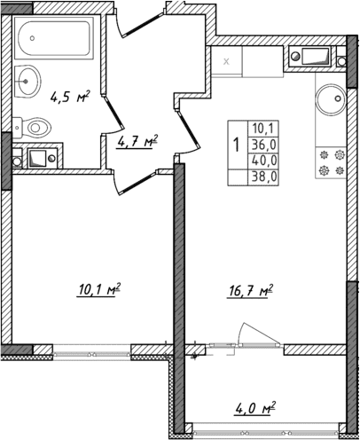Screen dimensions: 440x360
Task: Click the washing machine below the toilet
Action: click(39, 159)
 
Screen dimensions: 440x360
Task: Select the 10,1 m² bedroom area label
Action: click(98, 288)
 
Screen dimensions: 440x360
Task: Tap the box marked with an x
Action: click(227, 60)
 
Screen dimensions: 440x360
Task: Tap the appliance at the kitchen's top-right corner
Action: click(314, 59)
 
